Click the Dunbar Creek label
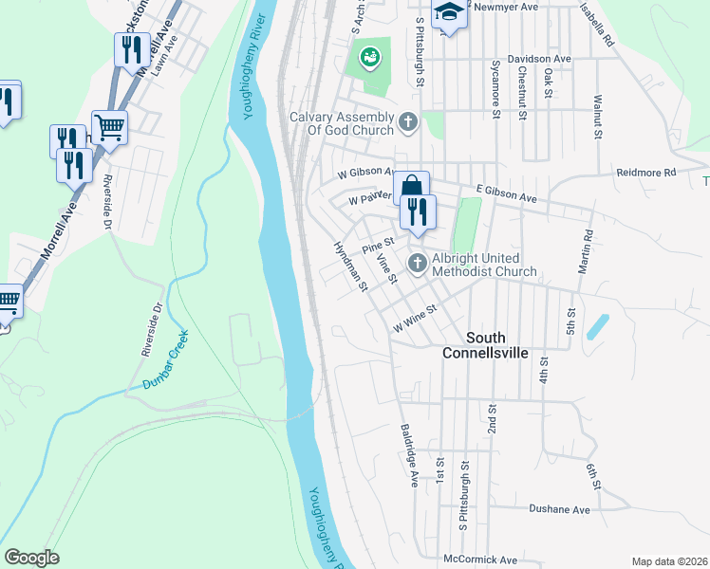coord(166,359)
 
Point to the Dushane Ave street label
coord(558,509)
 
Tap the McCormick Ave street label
coord(480,559)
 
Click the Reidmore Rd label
coord(645,173)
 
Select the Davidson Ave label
coord(539,59)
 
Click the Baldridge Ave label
coord(408,455)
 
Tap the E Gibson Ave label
coord(507,195)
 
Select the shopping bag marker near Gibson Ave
coord(411,186)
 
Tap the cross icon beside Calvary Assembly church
coord(408,121)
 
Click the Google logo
coord(31,558)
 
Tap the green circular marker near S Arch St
coord(367,60)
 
